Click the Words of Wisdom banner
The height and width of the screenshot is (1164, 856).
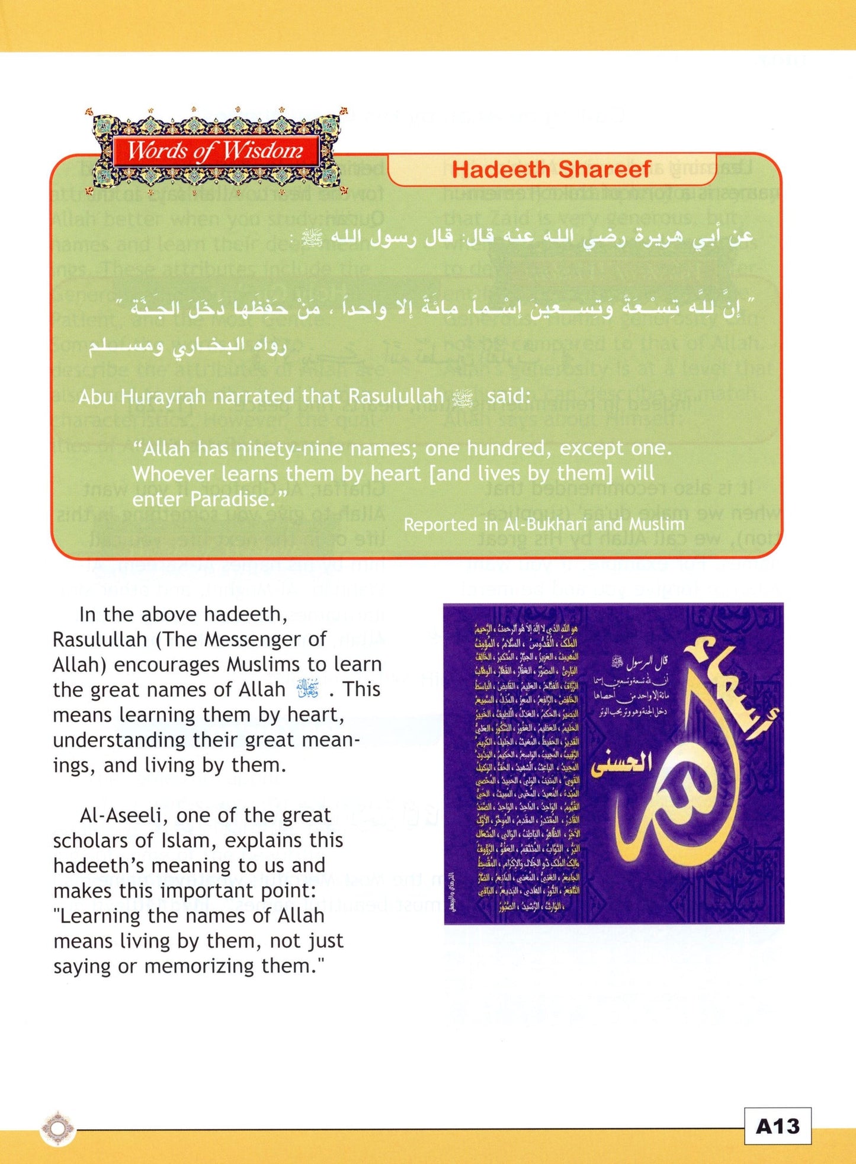point(214,151)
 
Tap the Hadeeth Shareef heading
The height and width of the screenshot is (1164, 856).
point(551,170)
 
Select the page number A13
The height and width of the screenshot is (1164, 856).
point(777,1125)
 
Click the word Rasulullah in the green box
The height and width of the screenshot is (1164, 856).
point(396,396)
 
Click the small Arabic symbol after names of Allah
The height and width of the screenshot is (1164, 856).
point(307,689)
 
